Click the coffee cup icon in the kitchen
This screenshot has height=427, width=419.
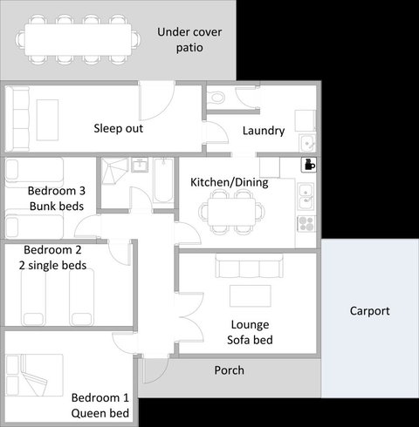308,164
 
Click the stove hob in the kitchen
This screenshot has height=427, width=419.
306,224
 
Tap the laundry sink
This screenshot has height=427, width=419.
306,142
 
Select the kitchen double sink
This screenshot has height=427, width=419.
306,196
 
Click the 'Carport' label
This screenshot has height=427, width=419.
370,310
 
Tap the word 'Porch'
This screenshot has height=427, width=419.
230,370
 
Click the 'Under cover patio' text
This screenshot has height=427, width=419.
189,40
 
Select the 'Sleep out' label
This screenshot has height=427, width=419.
118,129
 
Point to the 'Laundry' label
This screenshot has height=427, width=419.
264,131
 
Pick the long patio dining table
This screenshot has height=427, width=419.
78,37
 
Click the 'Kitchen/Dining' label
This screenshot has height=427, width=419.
229,183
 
